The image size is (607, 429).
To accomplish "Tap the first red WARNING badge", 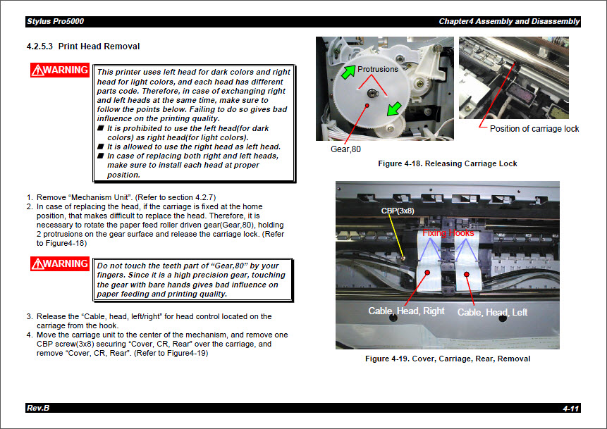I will (x=59, y=70).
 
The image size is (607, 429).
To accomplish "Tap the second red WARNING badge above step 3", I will (x=59, y=264).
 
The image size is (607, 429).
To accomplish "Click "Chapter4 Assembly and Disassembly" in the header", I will (x=508, y=21).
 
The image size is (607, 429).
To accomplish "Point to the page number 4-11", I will (x=570, y=409).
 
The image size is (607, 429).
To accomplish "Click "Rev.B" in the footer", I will (x=37, y=409).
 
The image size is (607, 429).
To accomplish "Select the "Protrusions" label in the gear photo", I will (x=377, y=69).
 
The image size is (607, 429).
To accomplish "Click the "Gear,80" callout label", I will (x=346, y=150).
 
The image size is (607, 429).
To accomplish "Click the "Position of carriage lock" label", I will (x=534, y=129).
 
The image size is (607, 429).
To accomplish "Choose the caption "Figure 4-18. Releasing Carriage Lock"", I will (x=447, y=163).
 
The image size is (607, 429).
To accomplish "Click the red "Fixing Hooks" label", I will (x=448, y=232).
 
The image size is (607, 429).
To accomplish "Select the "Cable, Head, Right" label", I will (x=406, y=311).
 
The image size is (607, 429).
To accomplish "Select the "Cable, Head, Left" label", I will (x=492, y=312).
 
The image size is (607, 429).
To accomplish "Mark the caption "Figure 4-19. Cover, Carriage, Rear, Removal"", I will (x=447, y=359).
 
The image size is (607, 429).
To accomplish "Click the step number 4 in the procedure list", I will (x=30, y=335).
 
